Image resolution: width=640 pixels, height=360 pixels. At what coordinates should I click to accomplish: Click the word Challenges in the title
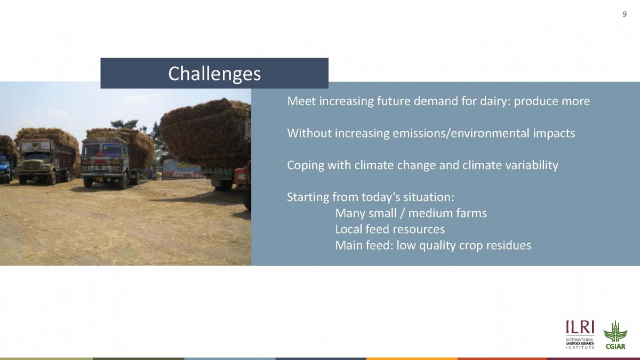(214, 74)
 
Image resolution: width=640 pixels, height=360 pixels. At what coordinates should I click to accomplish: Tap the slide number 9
(625, 14)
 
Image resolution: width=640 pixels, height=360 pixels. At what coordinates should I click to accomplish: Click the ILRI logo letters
(580, 327)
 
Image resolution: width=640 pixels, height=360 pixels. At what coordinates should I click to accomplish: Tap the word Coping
(306, 165)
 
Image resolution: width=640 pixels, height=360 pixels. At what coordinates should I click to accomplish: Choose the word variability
(532, 165)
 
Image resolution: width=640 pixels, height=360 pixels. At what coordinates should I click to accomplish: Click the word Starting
(308, 197)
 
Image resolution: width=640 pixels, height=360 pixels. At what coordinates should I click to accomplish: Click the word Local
(348, 229)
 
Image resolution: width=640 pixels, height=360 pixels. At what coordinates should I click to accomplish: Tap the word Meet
(301, 101)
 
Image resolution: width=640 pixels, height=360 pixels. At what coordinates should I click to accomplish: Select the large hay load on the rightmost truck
(206, 133)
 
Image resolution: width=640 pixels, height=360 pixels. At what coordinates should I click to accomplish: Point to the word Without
(309, 133)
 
